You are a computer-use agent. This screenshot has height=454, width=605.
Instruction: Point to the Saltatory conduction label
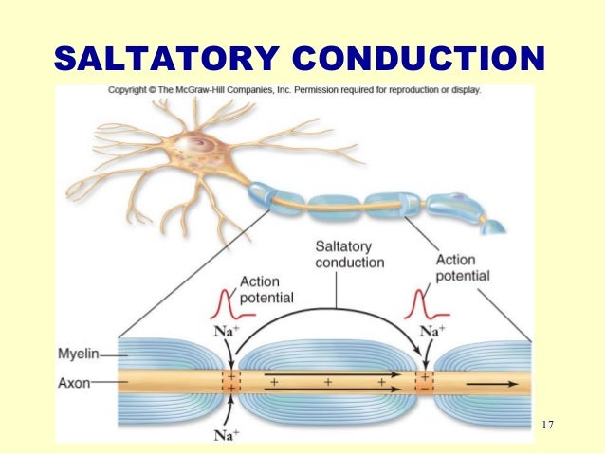click(x=349, y=254)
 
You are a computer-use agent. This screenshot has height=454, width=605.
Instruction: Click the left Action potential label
click(x=266, y=289)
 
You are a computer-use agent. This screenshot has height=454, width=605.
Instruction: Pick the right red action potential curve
click(x=418, y=302)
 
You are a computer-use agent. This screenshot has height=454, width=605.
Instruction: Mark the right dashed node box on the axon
click(x=425, y=382)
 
